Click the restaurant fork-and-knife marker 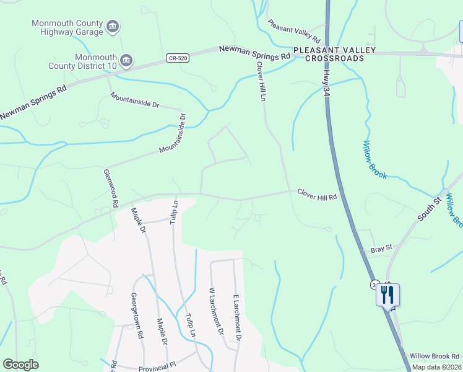pyautogui.click(x=387, y=294)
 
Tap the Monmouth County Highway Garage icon pyautogui.click(x=113, y=26)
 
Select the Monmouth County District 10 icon pyautogui.click(x=126, y=60)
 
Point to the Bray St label pyautogui.click(x=382, y=249)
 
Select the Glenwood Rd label pyautogui.click(x=111, y=188)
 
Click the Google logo pyautogui.click(x=20, y=364)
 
